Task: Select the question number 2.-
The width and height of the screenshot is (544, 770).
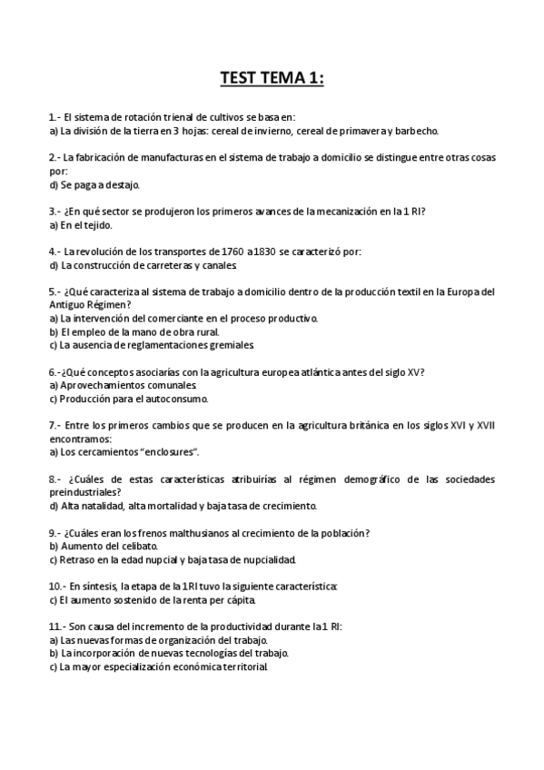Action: (x=54, y=157)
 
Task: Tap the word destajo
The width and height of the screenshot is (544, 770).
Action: (x=119, y=184)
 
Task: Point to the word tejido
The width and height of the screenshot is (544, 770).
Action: (x=94, y=224)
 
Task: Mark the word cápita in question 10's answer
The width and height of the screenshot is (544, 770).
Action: (x=233, y=599)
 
